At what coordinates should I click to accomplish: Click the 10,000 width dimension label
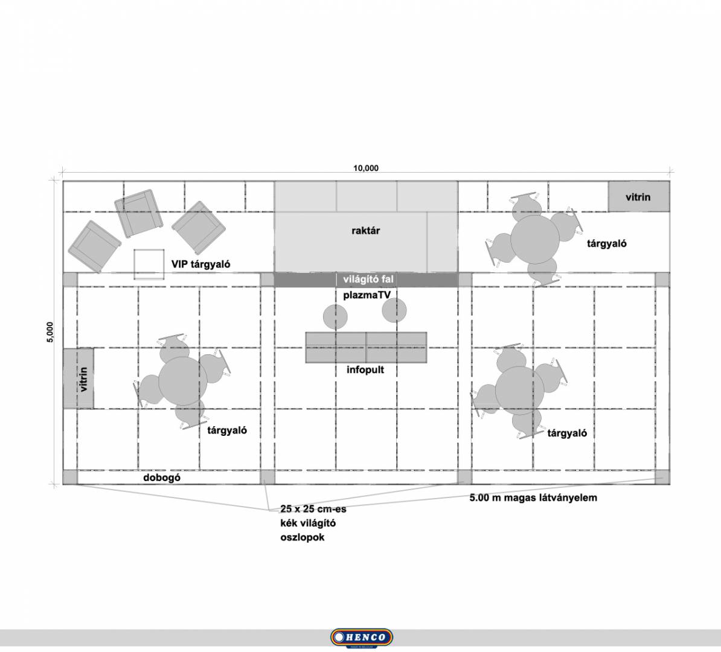[365, 168]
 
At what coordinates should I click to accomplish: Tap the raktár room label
[365, 231]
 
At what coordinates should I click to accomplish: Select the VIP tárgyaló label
[200, 264]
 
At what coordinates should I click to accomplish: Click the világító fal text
[368, 279]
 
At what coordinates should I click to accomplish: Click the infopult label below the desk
[365, 369]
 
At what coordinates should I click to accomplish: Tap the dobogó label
[162, 478]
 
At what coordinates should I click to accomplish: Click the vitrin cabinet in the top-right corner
[638, 197]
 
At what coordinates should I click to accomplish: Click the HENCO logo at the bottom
[362, 638]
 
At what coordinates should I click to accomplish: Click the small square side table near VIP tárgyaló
[149, 264]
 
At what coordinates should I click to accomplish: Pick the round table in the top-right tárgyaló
[535, 240]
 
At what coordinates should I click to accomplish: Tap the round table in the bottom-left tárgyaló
[183, 381]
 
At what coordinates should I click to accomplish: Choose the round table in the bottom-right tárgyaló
[520, 391]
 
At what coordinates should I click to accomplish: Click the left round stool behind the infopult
[335, 317]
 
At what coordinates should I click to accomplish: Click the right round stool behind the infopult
[394, 310]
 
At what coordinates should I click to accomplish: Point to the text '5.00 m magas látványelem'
[533, 497]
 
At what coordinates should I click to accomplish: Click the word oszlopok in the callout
[302, 537]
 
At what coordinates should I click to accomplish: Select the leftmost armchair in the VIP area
[94, 246]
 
